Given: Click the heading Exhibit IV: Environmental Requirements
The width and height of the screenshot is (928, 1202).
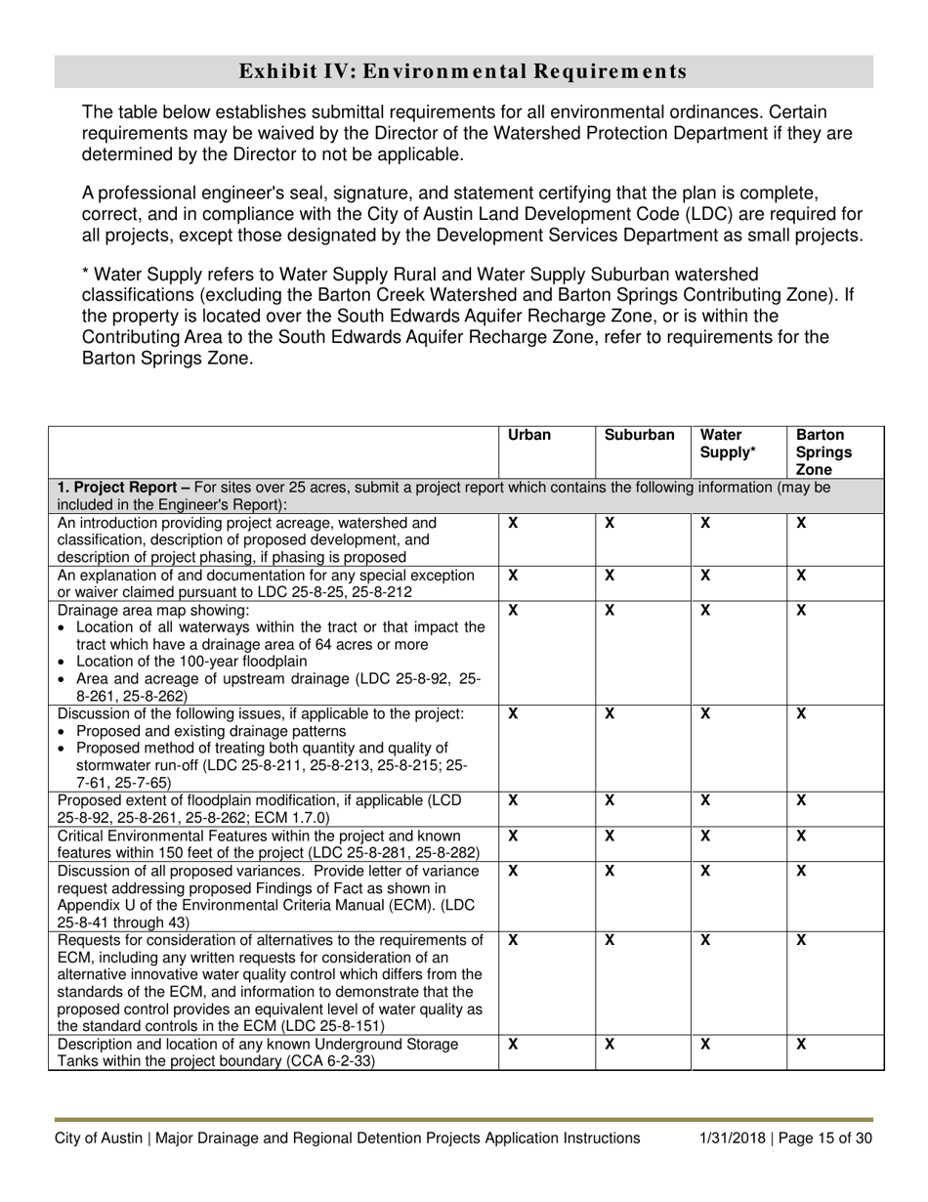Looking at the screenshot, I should (463, 71).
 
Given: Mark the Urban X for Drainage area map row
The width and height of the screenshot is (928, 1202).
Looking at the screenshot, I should (514, 610).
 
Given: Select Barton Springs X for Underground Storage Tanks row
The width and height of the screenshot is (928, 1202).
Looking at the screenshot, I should (802, 1045).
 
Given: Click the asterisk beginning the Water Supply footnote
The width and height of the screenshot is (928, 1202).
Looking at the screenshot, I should (86, 275).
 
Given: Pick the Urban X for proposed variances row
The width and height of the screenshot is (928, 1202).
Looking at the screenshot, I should (514, 871).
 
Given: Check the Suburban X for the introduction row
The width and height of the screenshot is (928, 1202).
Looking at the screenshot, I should (610, 523).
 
